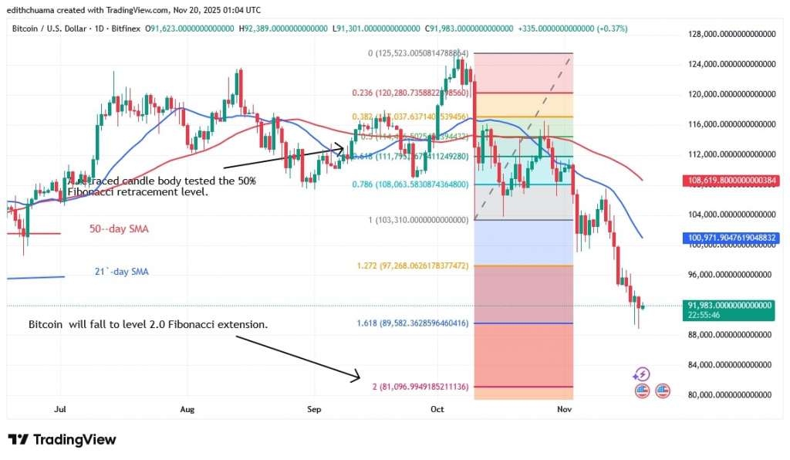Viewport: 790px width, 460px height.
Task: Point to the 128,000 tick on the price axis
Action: pyautogui.click(x=731, y=34)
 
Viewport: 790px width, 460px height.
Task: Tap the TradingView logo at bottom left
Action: pyautogui.click(x=62, y=440)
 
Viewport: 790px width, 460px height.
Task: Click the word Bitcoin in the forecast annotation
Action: pyautogui.click(x=46, y=325)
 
